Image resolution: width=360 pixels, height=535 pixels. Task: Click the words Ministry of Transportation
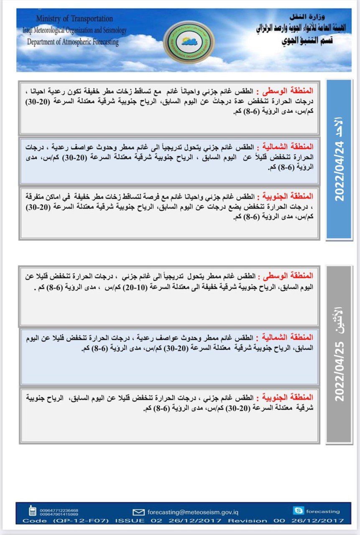[x=74, y=19]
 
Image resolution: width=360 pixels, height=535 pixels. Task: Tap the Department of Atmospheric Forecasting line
[x=73, y=42]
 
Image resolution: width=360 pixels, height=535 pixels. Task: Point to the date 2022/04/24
[x=339, y=171]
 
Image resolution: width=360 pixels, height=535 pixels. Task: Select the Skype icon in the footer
[x=299, y=510]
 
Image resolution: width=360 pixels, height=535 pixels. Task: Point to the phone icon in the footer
[x=32, y=511]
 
